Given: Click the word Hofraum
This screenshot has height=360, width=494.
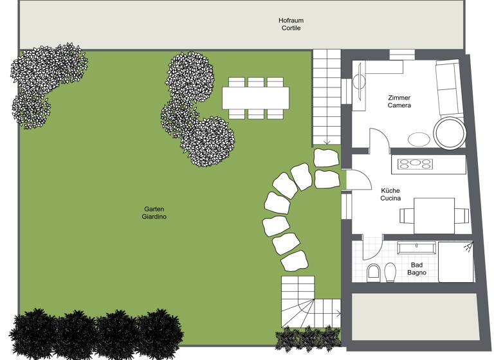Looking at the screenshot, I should [291, 20].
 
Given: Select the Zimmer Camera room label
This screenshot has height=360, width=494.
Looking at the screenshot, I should [399, 101].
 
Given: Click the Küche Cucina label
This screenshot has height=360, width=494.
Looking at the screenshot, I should [390, 194].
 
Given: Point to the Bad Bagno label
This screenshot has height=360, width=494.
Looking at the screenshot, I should [417, 268].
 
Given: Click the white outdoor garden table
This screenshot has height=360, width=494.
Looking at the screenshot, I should [255, 98].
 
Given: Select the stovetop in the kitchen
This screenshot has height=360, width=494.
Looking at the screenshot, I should [415, 163].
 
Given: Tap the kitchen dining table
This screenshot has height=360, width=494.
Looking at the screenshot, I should [434, 215].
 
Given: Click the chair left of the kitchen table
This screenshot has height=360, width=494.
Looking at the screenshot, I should [405, 215].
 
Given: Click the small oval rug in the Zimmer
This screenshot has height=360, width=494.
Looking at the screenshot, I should [419, 138].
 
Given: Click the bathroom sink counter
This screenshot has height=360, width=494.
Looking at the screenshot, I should [417, 247].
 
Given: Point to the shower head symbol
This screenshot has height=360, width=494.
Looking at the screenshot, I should [468, 247].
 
